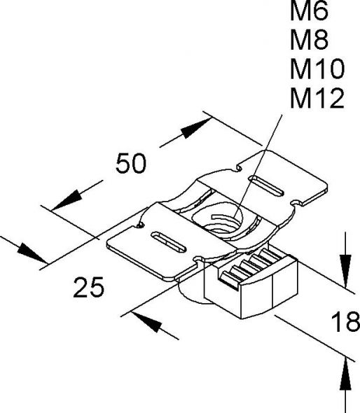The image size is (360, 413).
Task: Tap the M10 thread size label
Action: tap(316, 69)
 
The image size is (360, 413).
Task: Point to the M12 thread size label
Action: tap(316, 99)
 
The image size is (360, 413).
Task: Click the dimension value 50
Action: tap(130, 163)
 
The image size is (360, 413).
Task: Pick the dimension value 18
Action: tap(343, 323)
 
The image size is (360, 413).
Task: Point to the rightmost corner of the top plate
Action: tap(327, 188)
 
